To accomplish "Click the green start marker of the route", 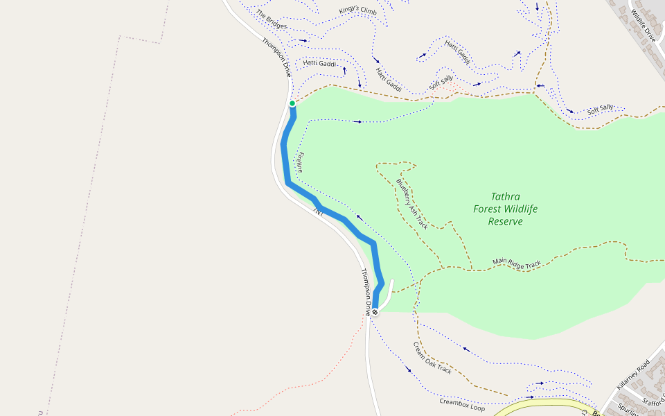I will pyautogui.click(x=292, y=104).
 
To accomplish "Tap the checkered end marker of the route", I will pyautogui.click(x=375, y=312).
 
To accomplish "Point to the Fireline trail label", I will pyautogui.click(x=299, y=162).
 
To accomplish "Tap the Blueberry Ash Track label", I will pyautogui.click(x=411, y=204).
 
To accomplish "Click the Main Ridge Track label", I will pyautogui.click(x=516, y=263).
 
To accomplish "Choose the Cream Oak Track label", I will pyautogui.click(x=432, y=358).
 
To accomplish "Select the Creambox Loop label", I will pyautogui.click(x=462, y=404).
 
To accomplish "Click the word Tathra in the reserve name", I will pyautogui.click(x=505, y=196).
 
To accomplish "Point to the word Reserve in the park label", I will pyautogui.click(x=505, y=221).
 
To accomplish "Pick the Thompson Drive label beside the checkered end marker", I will pyautogui.click(x=365, y=291).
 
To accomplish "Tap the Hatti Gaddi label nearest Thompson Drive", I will pyautogui.click(x=319, y=64).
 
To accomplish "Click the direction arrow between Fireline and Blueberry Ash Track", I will pyautogui.click(x=359, y=217).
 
